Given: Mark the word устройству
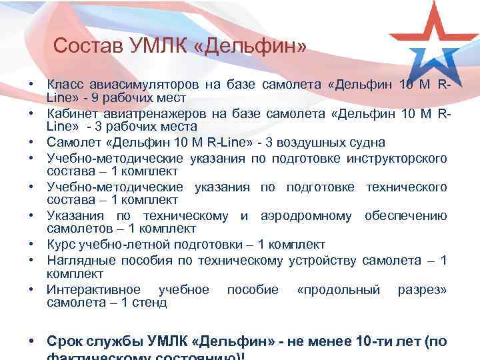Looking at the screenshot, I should click(x=323, y=260).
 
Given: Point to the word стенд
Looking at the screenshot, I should click(x=151, y=303).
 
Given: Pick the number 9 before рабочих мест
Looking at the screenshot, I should click(x=96, y=97).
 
